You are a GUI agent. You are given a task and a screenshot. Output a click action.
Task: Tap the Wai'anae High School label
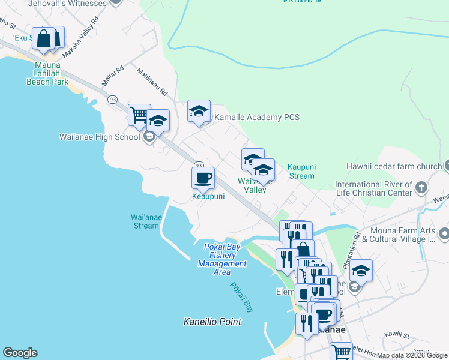tap(100, 137)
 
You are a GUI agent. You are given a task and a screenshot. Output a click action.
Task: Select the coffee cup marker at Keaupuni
tap(202, 178)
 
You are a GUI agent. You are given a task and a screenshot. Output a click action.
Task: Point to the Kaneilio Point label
tap(212, 322)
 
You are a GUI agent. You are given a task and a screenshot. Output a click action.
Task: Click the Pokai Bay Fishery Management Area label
tap(222, 255)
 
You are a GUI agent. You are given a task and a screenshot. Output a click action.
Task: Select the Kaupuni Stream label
tap(300, 171)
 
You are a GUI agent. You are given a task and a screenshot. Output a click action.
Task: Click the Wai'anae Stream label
tap(145, 221)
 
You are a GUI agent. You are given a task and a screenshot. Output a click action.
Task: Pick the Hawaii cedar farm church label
tap(393, 166)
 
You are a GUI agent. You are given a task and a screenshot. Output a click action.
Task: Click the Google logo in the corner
tap(20, 353)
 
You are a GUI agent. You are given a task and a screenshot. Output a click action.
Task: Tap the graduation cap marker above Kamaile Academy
tap(199, 111)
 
